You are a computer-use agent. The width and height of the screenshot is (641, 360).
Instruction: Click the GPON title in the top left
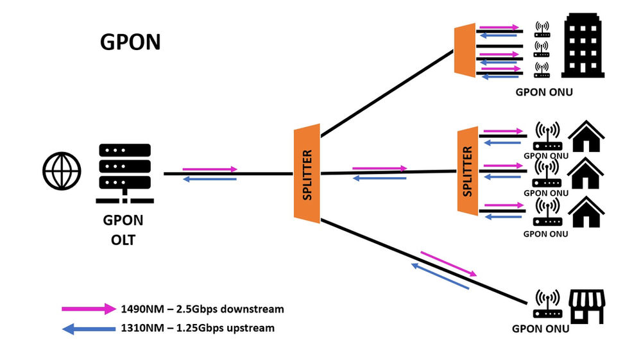pos(130,42)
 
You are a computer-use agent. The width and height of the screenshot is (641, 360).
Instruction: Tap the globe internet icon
pos(62,170)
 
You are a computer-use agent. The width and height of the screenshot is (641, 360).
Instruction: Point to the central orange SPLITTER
pos(307,175)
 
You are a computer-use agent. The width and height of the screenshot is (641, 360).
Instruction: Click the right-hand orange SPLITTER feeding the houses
pos(468,171)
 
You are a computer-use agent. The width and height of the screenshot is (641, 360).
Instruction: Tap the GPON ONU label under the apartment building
pos(544,92)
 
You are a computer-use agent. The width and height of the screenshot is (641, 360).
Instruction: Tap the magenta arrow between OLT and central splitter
pos(210,169)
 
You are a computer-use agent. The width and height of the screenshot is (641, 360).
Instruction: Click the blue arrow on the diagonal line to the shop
pos(440,275)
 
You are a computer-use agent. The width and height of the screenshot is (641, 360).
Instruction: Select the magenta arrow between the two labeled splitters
pos(379,169)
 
